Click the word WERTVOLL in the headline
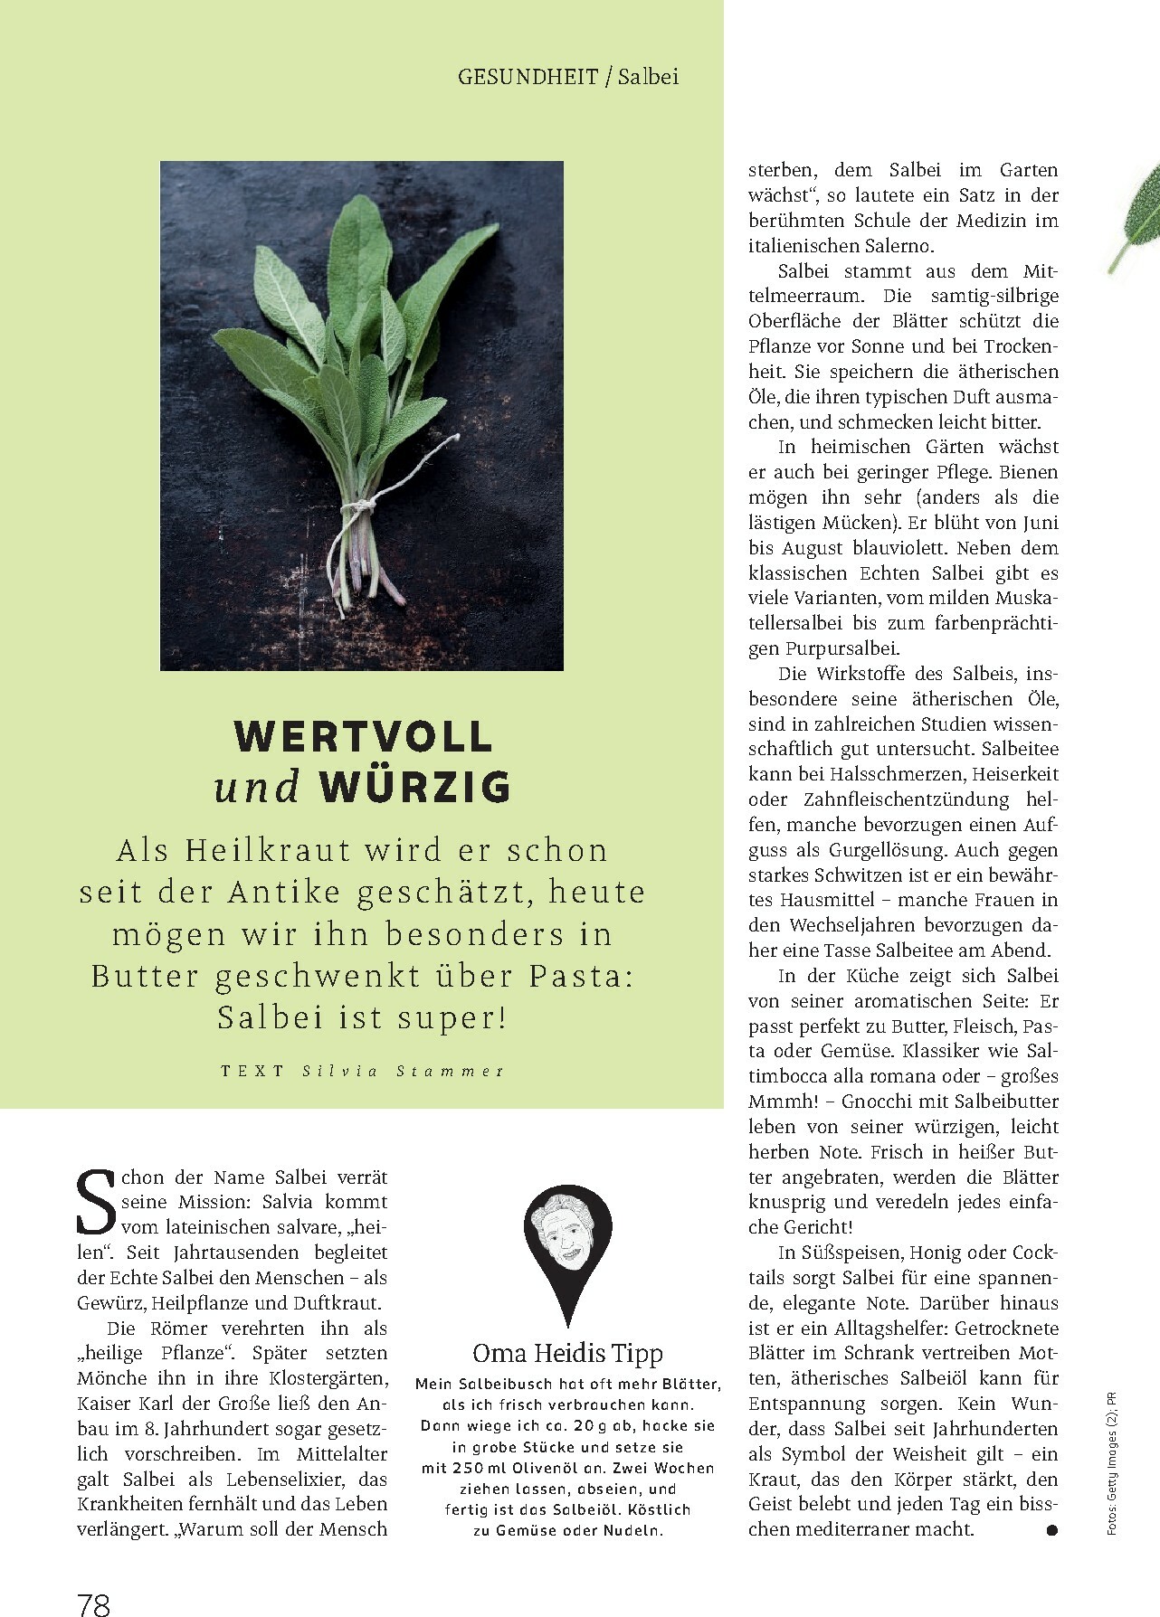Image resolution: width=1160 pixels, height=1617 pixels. click(x=364, y=737)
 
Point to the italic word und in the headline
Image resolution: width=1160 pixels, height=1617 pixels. click(x=257, y=788)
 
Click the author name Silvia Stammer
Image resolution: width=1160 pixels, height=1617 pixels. click(x=403, y=1071)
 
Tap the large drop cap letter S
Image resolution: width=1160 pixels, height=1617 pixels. click(x=94, y=1203)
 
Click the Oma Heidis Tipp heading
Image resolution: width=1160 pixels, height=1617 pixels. click(x=567, y=1353)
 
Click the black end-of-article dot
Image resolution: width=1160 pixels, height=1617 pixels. click(x=1051, y=1530)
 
